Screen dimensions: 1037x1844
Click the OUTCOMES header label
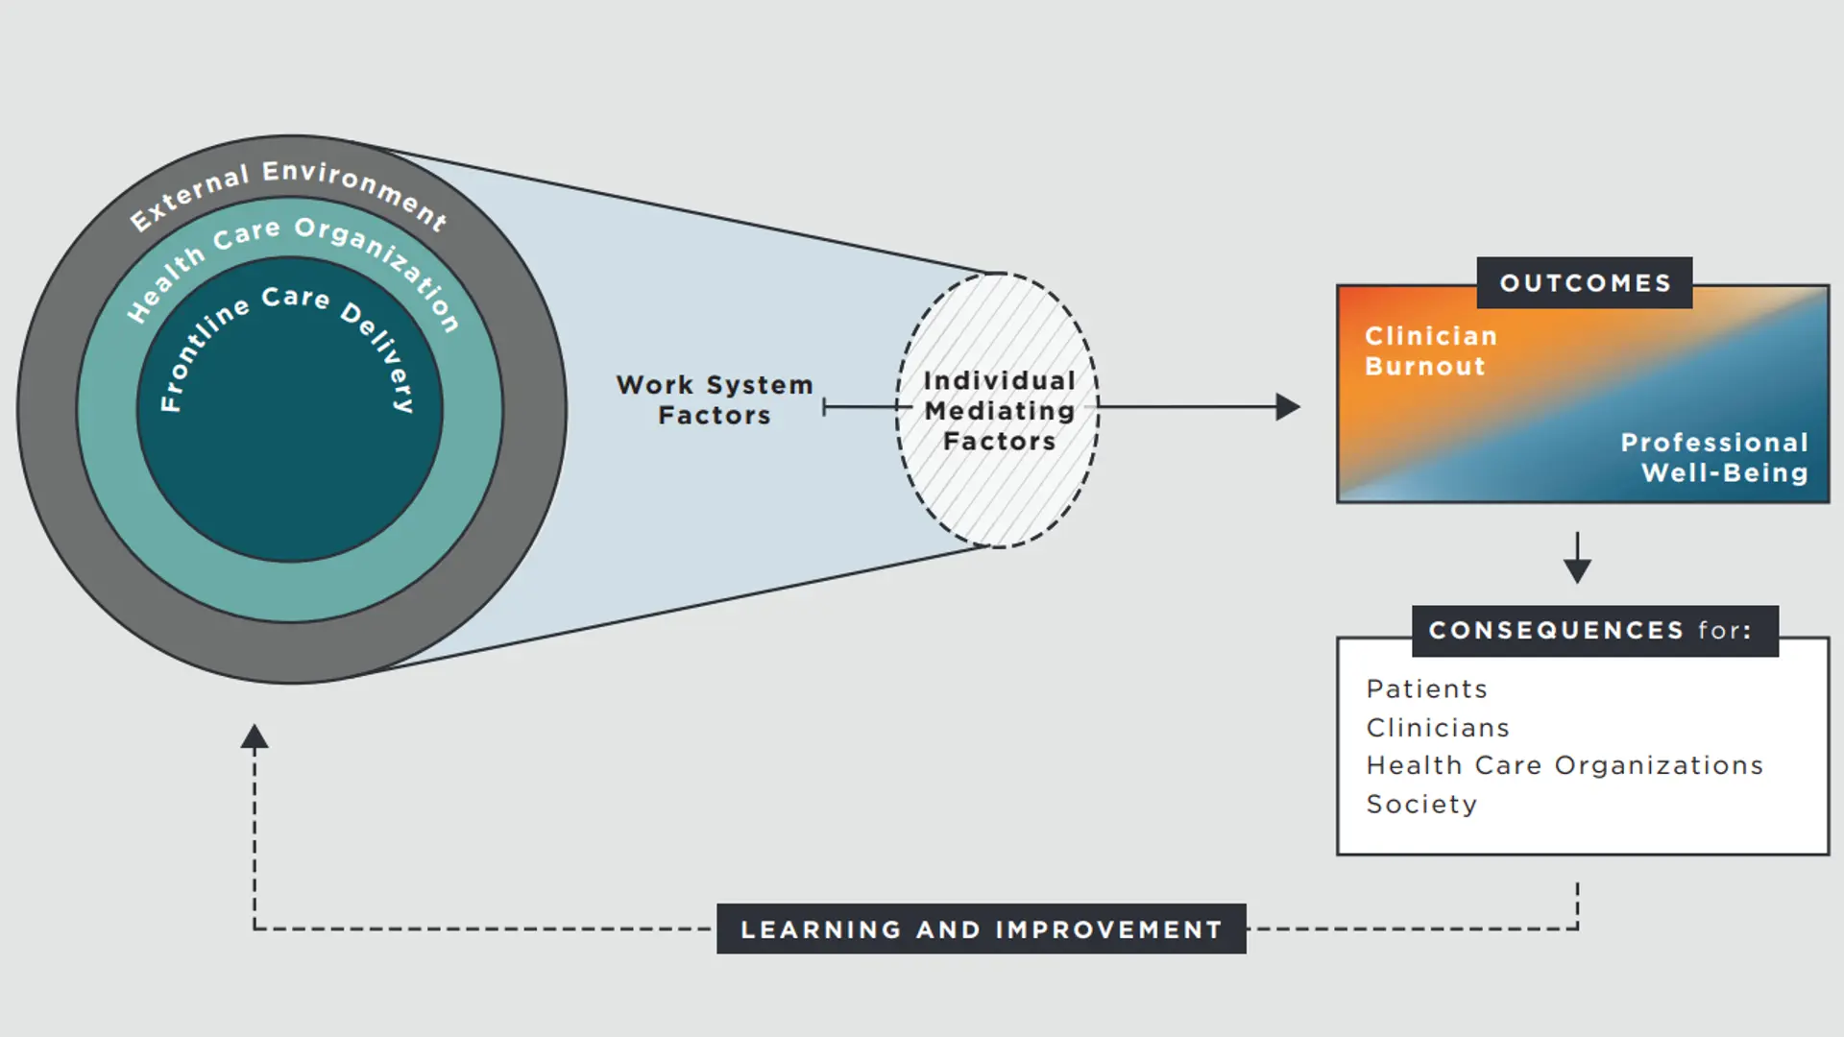coord(1585,283)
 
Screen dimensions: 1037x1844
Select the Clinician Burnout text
coord(1430,351)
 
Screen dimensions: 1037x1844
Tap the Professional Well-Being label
coord(1714,457)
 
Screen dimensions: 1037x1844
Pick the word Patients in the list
coord(1426,689)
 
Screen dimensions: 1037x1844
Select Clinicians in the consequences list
coord(1438,728)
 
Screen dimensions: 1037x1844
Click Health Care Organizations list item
coord(1565,765)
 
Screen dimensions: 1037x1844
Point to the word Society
coord(1421,805)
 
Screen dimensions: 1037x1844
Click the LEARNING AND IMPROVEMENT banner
coord(981,929)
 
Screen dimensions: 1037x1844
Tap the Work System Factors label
coord(715,400)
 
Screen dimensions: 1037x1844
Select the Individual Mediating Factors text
coord(999,411)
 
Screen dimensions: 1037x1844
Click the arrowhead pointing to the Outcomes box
coord(1288,407)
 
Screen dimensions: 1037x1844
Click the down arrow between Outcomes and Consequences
coord(1577,568)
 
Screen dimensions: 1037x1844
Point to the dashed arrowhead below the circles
coord(255,737)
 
